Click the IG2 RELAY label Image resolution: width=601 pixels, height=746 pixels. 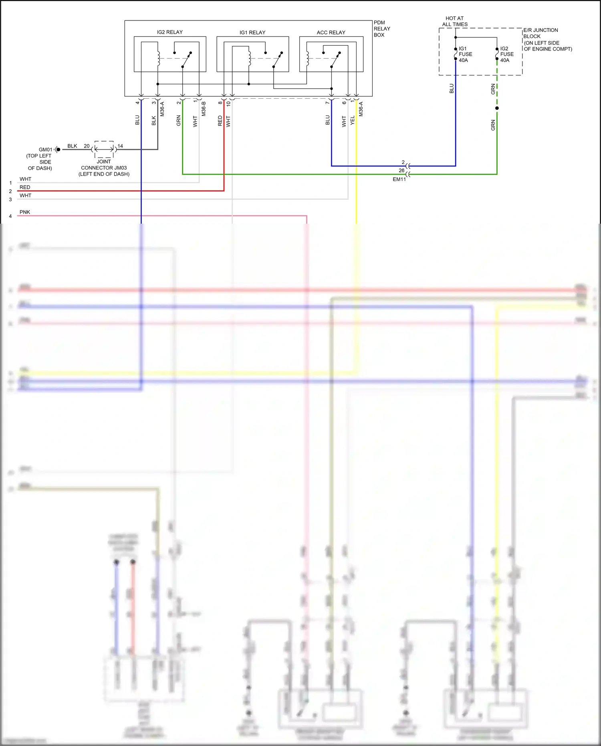pos(169,32)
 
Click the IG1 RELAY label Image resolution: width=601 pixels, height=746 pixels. pos(252,32)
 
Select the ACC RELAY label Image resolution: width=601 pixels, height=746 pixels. pos(331,32)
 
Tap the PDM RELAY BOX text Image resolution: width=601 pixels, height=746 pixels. pos(381,29)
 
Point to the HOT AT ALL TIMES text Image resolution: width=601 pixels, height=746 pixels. pos(455,21)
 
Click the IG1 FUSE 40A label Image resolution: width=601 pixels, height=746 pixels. pos(465,54)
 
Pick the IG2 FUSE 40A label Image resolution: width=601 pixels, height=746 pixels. pos(506,54)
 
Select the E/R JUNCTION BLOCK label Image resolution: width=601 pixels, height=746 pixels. pos(547,39)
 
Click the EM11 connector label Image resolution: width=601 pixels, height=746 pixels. pos(399,179)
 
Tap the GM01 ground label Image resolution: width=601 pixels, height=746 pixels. pos(45,150)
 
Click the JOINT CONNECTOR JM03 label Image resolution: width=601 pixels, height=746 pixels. pos(104,168)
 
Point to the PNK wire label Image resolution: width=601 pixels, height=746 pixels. pos(25,212)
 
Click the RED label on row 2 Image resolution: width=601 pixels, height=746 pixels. pos(25,187)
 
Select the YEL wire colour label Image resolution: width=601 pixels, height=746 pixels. pos(353,120)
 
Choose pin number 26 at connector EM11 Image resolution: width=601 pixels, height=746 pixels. pos(401,170)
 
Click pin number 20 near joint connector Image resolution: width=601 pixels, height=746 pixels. pos(87,146)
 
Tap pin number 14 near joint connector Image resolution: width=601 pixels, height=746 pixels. pos(120,146)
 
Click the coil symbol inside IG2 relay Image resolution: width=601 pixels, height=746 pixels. pos(158,59)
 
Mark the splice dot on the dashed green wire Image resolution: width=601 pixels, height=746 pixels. pos(497,108)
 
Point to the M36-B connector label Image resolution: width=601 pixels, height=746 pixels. pos(204,109)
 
